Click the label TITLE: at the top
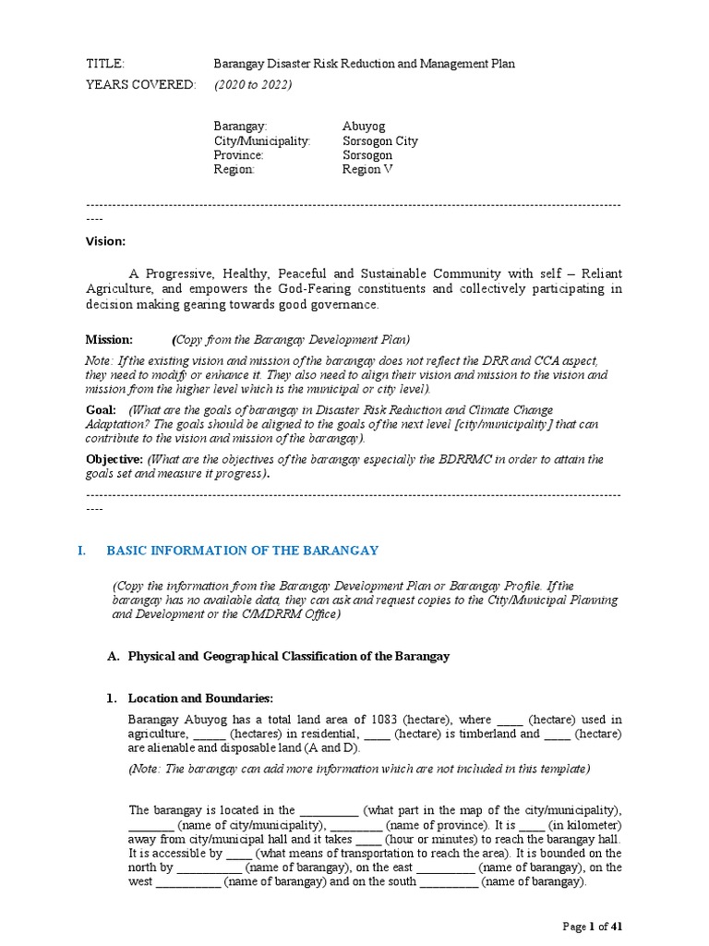pos(104,64)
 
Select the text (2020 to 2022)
pos(253,85)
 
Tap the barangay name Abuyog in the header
pos(364,126)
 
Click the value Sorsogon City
pos(379,141)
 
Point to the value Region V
pos(367,169)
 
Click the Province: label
pos(239,155)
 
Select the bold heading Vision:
pos(104,241)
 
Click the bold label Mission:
pos(109,339)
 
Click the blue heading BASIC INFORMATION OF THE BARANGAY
pos(243,551)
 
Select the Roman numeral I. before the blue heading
pos(81,551)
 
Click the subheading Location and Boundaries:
pos(200,697)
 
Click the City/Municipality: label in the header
pos(262,141)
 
